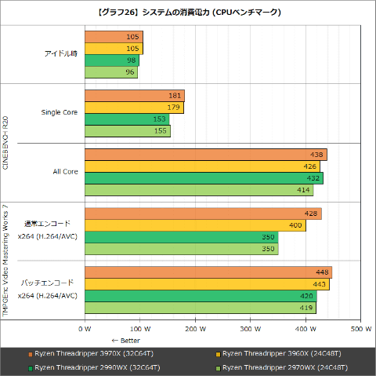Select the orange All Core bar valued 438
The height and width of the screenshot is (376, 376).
204,155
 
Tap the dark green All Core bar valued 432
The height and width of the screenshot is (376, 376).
203,178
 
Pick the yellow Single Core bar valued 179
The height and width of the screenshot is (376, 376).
133,108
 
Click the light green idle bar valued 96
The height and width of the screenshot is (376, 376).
110,72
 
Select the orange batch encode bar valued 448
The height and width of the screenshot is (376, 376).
207,272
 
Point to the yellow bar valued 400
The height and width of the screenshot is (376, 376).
193,225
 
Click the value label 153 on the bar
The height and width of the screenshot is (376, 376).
160,119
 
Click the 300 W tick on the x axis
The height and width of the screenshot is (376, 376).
250,329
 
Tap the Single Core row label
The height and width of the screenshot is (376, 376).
60,112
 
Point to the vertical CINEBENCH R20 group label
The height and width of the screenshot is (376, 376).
7,143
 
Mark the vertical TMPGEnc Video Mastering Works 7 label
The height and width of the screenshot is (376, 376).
7,259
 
